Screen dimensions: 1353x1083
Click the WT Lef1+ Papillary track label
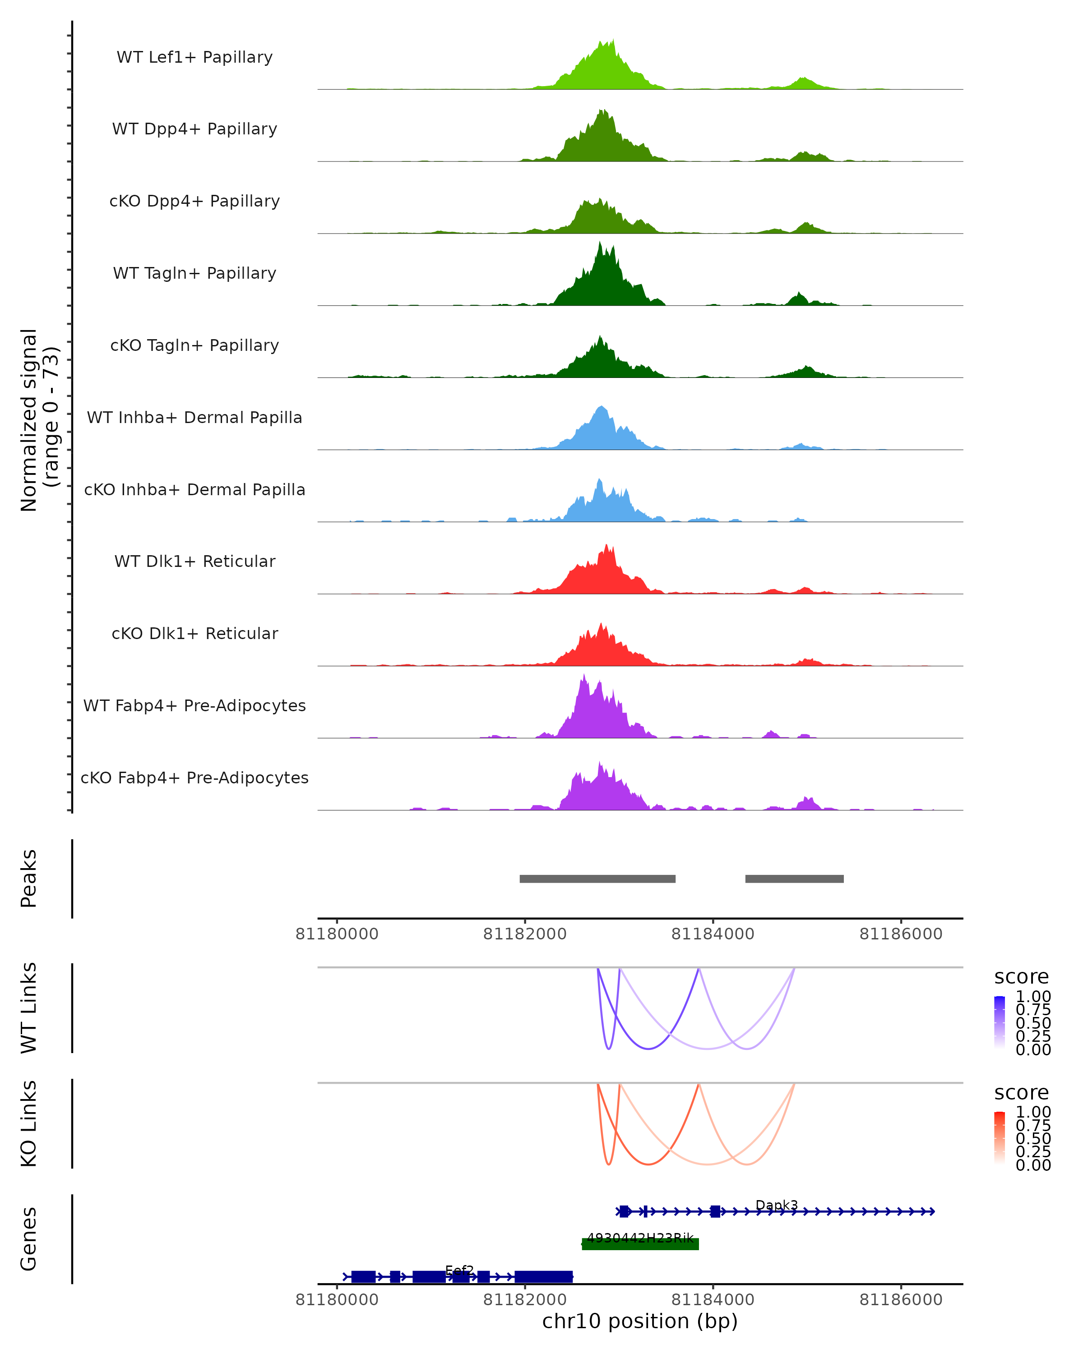click(194, 57)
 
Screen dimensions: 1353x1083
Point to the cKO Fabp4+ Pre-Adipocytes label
click(194, 778)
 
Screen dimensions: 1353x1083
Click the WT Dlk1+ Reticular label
click(194, 561)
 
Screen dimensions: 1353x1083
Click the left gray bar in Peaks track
click(597, 879)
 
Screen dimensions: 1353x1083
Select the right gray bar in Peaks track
click(794, 879)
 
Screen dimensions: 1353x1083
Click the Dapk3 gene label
click(777, 1205)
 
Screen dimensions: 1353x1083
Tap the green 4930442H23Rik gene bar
click(640, 1244)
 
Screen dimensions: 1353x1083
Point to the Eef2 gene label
click(459, 1270)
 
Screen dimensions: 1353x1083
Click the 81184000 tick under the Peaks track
click(713, 934)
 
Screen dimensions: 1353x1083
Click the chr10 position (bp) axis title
click(640, 1321)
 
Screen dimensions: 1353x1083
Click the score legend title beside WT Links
click(1021, 976)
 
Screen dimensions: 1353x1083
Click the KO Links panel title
click(29, 1123)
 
